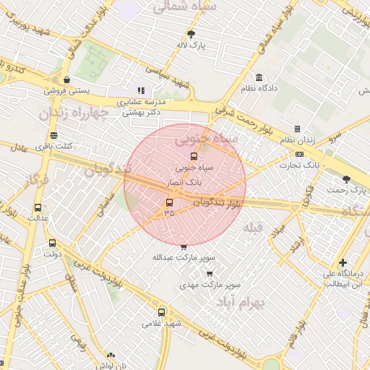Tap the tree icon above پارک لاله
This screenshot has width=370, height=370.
[192, 34]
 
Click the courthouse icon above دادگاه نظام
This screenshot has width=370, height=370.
[259, 77]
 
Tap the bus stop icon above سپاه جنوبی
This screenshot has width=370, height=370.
[193, 155]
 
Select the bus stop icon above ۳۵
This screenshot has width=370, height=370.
[169, 202]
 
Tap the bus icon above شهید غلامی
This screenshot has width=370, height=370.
[160, 313]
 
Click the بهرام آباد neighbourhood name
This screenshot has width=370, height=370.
[261, 301]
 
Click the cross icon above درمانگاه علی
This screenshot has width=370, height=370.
[342, 262]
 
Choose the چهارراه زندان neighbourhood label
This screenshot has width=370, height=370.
[73, 112]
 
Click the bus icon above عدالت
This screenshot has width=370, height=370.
[38, 207]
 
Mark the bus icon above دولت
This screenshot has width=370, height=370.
[51, 244]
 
